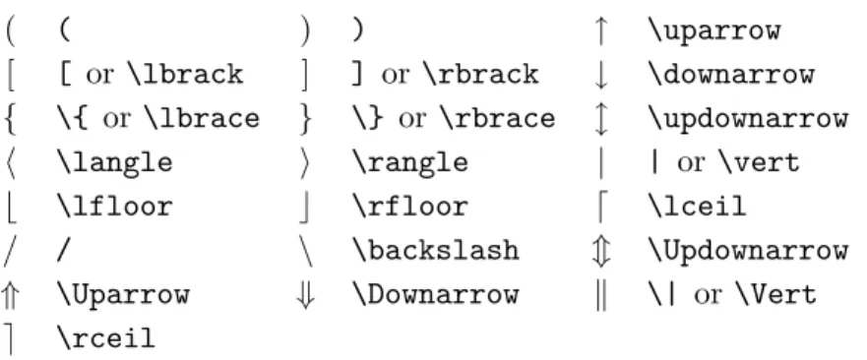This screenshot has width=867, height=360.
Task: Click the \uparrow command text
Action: tap(714, 30)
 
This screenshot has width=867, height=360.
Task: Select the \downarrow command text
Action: tap(731, 74)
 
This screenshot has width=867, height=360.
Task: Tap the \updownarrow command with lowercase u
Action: tap(748, 118)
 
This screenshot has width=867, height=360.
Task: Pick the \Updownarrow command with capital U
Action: tap(748, 251)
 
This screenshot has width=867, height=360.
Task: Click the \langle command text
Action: tap(114, 162)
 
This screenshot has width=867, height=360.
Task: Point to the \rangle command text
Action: tap(410, 162)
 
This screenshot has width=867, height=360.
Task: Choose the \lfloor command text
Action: tap(114, 207)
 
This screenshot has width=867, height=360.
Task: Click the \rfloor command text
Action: tap(410, 207)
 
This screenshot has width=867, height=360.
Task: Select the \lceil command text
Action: tap(698, 207)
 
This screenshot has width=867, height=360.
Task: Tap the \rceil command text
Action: tap(105, 338)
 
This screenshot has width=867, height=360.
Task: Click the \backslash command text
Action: tap(436, 251)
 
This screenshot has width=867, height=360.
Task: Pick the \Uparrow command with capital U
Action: tap(123, 294)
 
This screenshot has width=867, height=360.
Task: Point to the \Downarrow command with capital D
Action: tap(436, 294)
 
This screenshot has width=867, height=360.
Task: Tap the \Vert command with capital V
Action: tap(775, 294)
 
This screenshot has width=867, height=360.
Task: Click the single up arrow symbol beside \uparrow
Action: tap(600, 30)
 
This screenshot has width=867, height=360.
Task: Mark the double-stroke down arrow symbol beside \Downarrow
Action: tap(305, 295)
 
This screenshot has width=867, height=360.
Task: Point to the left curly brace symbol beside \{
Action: tap(10, 119)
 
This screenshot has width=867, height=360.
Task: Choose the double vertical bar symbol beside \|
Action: tap(601, 295)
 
